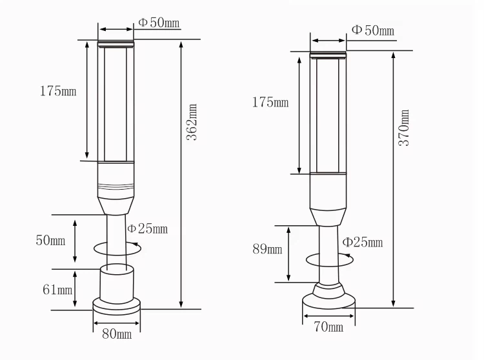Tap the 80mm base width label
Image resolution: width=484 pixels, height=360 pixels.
pyautogui.click(x=116, y=334)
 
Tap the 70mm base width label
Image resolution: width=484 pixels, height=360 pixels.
pyautogui.click(x=328, y=327)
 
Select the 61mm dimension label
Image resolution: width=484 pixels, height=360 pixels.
pyautogui.click(x=57, y=289)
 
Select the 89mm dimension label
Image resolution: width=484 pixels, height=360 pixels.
pyautogui.click(x=267, y=249)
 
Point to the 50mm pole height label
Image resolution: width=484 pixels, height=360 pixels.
pyautogui.click(x=50, y=241)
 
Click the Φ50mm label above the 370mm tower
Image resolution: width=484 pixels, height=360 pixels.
pyautogui.click(x=372, y=30)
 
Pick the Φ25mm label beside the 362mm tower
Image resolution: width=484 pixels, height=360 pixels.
pyautogui.click(x=147, y=228)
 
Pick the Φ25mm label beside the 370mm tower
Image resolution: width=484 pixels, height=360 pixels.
pyautogui.click(x=362, y=242)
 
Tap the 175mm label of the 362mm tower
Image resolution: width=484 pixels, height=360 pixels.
pyautogui.click(x=58, y=91)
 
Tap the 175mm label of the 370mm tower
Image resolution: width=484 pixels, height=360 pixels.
pyautogui.click(x=270, y=103)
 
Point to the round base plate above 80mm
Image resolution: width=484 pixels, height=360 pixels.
pyautogui.click(x=116, y=305)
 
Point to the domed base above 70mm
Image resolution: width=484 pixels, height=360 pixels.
pyautogui.click(x=328, y=297)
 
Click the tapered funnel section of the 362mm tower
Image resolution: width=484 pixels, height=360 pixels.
pyautogui.click(x=116, y=205)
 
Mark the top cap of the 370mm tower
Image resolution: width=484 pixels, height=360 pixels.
pyautogui.click(x=329, y=54)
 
